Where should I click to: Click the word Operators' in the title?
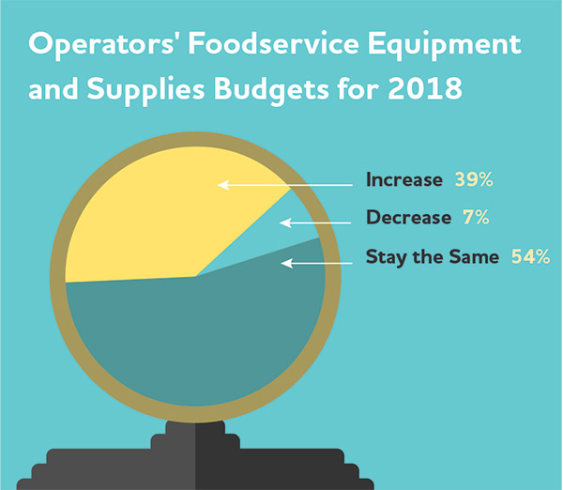[101, 44]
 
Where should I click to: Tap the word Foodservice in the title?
[273, 43]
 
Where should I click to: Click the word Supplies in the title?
[145, 90]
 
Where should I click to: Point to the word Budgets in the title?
[271, 90]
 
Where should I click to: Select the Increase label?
[404, 179]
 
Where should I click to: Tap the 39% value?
[474, 179]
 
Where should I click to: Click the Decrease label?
[408, 218]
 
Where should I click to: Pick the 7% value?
[476, 218]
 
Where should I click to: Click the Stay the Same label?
[433, 257]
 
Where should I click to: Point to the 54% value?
[530, 256]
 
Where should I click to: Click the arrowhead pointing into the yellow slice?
[222, 185]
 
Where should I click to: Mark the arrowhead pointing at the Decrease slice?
[284, 222]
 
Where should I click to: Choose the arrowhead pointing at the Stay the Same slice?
[286, 264]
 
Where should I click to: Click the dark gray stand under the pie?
[195, 456]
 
